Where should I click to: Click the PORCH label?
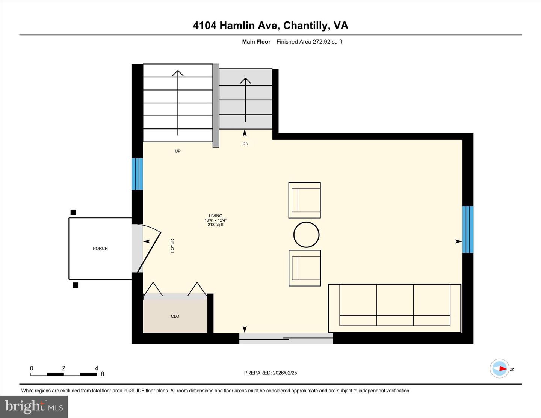[100, 249]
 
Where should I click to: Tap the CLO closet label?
[175, 317]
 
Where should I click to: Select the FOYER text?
[172, 246]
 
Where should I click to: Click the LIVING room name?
[216, 216]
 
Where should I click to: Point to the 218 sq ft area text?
[216, 225]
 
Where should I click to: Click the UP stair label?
[178, 151]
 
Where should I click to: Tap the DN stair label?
[245, 144]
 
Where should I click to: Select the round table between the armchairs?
[306, 235]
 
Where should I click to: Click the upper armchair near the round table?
[305, 200]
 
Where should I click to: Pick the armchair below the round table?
[305, 268]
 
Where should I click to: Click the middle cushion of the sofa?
[395, 305]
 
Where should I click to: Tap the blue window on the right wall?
[468, 229]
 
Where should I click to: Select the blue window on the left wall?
[138, 174]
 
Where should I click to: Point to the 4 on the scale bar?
[97, 368]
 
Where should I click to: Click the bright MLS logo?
[34, 407]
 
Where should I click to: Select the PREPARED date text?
[270, 373]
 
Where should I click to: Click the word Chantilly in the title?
[305, 26]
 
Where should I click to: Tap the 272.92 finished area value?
[322, 42]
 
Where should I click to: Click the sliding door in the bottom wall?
[286, 339]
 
